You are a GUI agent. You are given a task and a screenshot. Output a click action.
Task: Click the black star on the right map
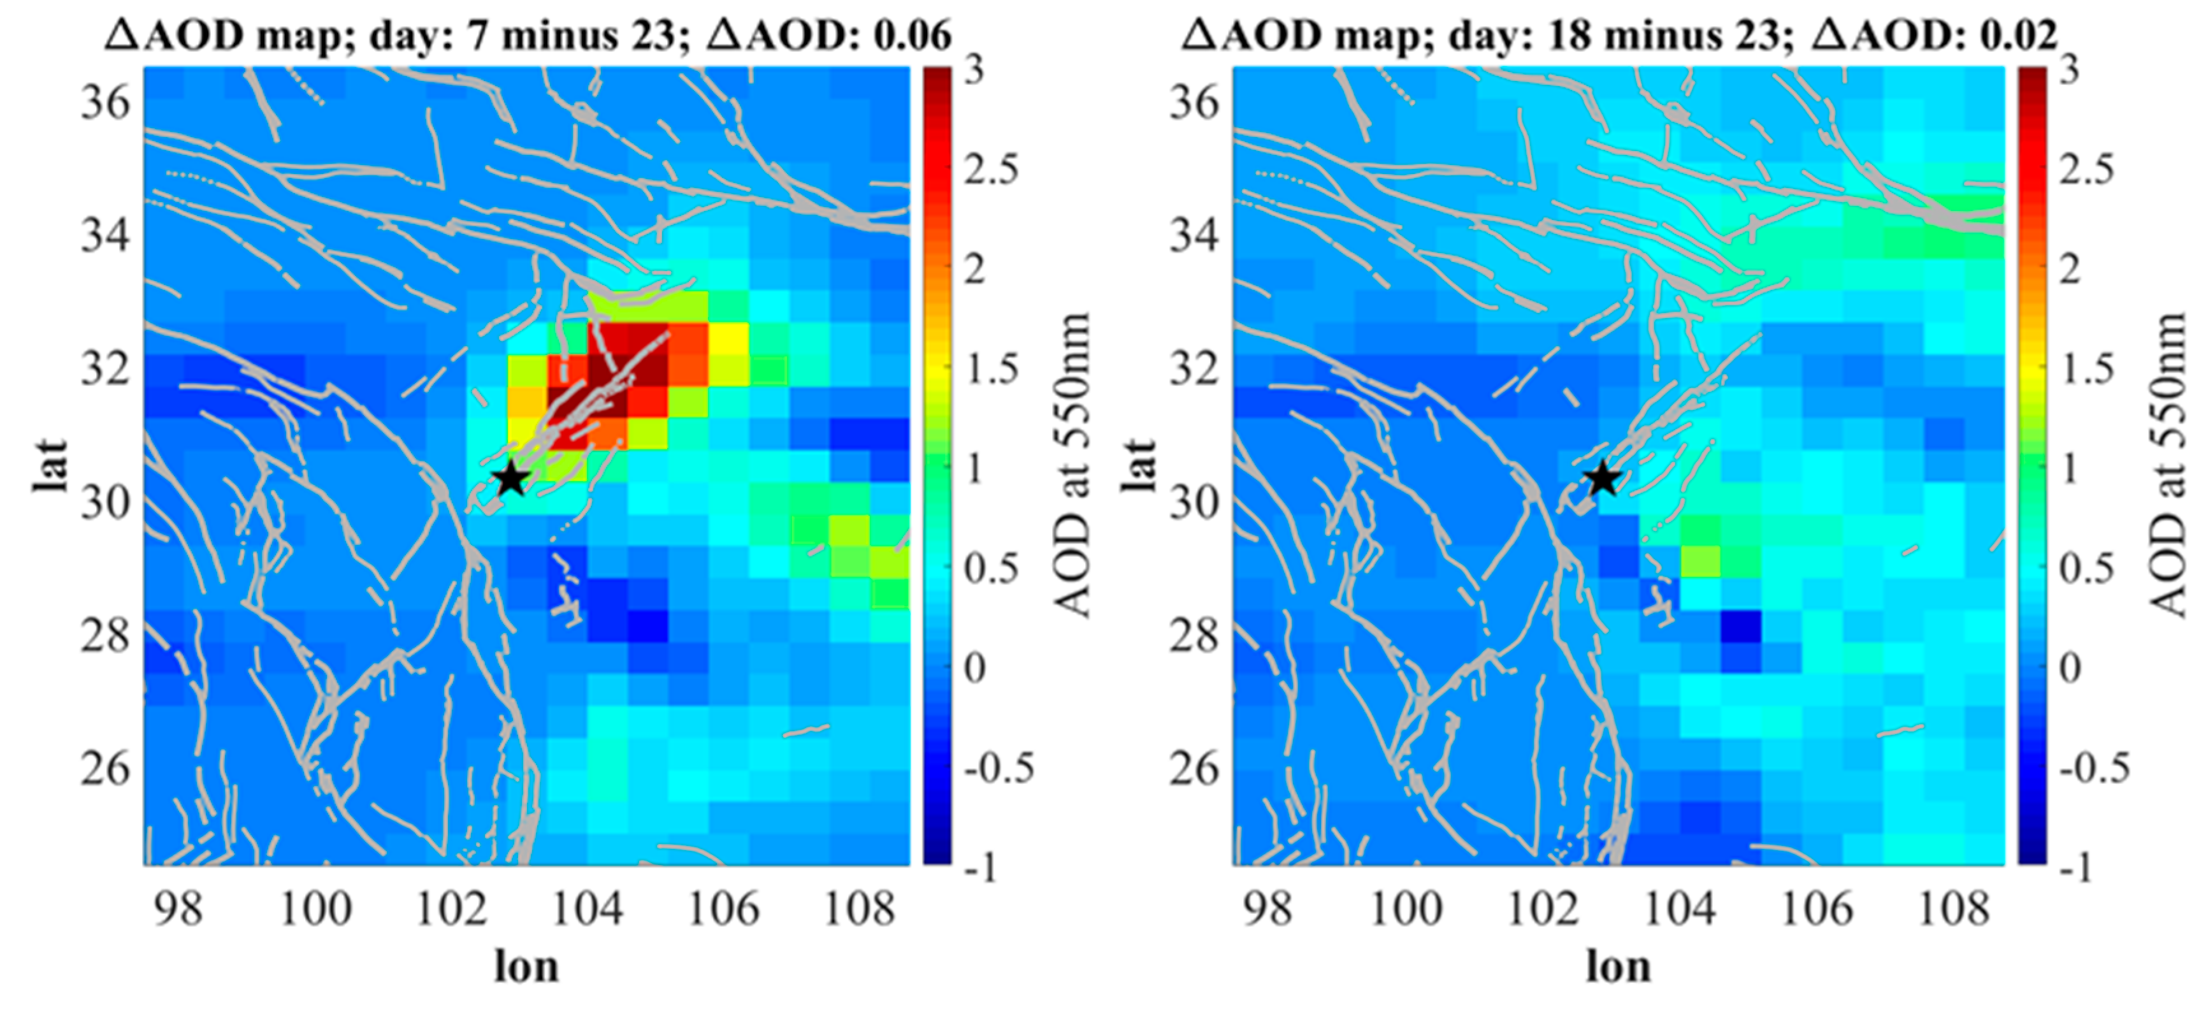[1601, 479]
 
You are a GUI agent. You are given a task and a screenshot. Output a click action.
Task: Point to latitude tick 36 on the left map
[105, 103]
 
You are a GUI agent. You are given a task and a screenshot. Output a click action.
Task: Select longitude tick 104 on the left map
[587, 909]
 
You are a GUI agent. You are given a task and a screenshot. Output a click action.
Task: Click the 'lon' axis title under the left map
[526, 967]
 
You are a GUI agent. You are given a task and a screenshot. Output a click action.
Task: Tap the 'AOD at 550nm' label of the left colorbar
[1071, 465]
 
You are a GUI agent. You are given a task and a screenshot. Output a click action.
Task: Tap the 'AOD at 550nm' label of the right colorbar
[2168, 465]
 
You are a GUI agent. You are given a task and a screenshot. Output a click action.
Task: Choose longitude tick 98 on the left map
[178, 909]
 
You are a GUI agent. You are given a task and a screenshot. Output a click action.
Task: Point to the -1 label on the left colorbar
[981, 869]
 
